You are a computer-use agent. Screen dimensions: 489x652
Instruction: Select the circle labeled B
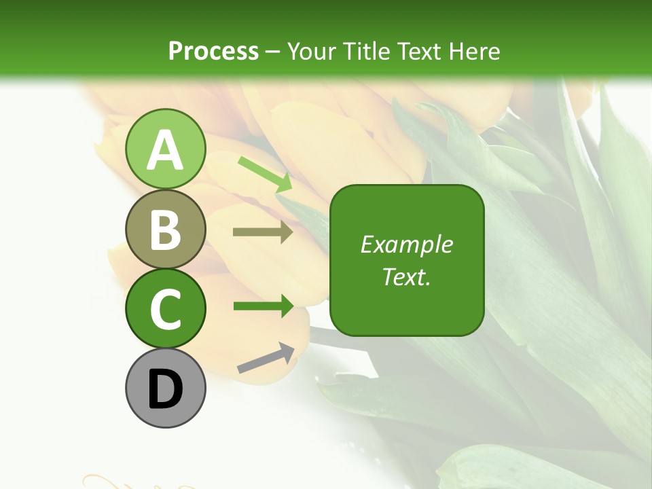(x=165, y=229)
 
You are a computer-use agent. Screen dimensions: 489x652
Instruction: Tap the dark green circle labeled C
(x=165, y=309)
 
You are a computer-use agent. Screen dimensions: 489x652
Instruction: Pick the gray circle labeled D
(x=165, y=388)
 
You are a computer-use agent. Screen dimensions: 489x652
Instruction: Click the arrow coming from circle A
(x=265, y=174)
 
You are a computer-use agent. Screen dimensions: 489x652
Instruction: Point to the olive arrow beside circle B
(x=263, y=232)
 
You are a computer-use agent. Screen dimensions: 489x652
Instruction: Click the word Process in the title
(x=213, y=51)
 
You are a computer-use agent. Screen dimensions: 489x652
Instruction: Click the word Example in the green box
(x=406, y=244)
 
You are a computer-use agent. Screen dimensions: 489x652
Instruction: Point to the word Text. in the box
(x=406, y=276)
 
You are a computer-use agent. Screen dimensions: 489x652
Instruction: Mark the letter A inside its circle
(x=165, y=149)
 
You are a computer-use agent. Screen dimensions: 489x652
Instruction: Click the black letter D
(x=165, y=389)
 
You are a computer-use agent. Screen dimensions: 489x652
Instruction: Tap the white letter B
(x=165, y=230)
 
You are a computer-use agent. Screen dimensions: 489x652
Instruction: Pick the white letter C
(x=165, y=310)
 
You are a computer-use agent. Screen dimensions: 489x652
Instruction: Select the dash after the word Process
(x=273, y=52)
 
